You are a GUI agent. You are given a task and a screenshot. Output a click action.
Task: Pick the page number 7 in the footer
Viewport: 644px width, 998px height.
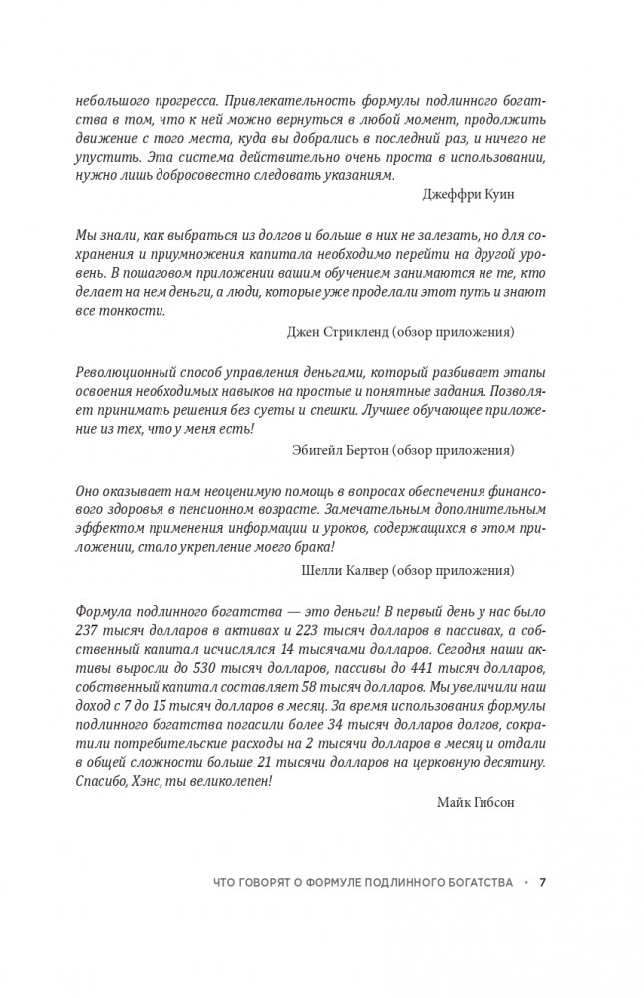[542, 882]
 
